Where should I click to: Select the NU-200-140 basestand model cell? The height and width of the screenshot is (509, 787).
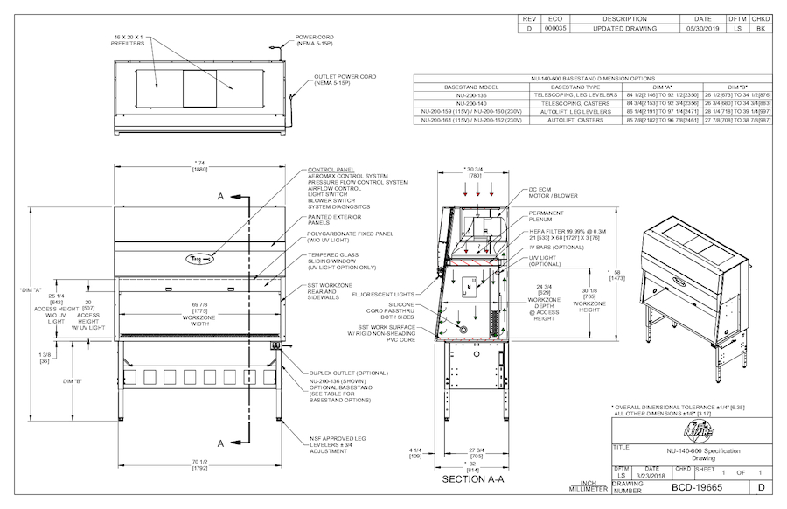[x=471, y=103]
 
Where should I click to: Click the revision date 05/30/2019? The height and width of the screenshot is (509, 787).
[x=702, y=28]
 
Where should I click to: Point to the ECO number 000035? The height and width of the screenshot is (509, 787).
[x=555, y=28]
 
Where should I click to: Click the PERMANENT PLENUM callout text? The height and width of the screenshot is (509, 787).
[x=547, y=216]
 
